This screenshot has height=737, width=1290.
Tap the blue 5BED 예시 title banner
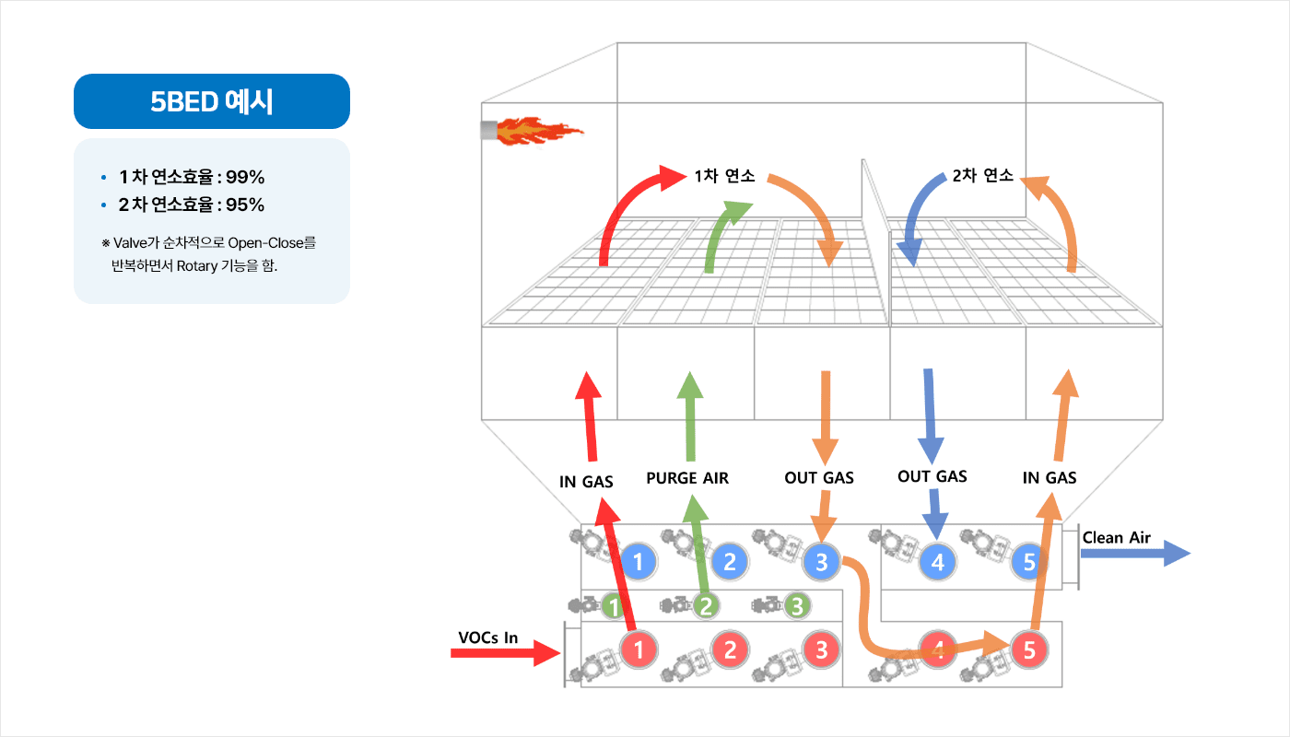(212, 101)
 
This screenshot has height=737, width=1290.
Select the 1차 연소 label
(725, 176)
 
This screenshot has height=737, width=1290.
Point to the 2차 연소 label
(983, 176)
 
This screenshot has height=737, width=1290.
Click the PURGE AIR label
(687, 478)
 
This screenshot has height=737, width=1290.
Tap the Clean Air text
(1116, 538)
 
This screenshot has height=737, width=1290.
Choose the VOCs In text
(487, 638)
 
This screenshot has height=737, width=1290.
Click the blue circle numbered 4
(938, 561)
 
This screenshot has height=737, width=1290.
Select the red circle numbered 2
(730, 650)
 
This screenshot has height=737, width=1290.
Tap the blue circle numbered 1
(639, 561)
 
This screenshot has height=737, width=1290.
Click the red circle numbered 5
(1029, 650)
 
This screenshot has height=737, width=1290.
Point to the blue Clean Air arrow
(1135, 554)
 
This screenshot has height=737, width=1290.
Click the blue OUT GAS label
(932, 476)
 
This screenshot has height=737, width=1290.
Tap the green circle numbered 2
(706, 606)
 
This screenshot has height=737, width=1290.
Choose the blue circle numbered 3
(822, 561)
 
